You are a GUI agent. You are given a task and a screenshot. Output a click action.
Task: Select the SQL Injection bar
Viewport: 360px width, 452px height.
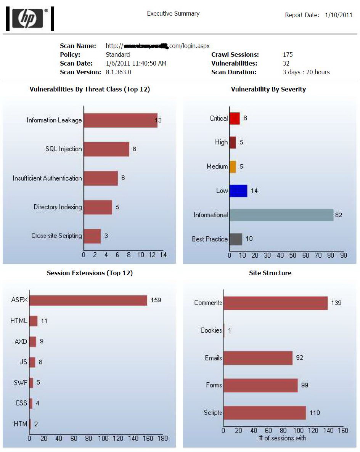(106, 149)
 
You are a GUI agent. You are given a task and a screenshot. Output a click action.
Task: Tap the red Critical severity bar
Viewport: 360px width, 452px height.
(235, 118)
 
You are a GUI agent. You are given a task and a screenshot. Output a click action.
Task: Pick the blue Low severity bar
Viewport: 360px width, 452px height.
(238, 191)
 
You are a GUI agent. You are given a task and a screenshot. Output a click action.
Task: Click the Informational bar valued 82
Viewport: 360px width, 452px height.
(281, 215)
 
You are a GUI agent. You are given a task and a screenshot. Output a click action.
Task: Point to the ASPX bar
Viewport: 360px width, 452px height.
(88, 300)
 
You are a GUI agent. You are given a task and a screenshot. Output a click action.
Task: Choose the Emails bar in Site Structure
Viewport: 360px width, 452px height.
(258, 358)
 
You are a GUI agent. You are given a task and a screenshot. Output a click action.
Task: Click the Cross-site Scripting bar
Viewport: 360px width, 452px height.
(92, 236)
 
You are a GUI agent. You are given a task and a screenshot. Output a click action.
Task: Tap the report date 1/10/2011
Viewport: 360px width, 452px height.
(339, 15)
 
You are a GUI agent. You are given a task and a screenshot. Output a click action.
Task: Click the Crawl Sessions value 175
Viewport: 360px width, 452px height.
(288, 54)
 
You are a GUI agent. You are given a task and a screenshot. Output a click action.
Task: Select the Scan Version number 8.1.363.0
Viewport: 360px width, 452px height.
(118, 72)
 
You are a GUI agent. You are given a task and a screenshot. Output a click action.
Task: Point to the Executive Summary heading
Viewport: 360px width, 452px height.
(173, 14)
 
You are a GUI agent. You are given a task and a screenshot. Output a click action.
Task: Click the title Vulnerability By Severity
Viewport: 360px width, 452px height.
(268, 89)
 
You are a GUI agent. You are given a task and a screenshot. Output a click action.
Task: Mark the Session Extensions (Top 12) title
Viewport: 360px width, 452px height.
(90, 273)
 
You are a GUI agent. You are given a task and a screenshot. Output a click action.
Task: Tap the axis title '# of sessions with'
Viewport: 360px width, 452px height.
(283, 438)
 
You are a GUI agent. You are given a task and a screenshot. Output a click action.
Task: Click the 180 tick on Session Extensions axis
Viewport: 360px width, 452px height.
(162, 439)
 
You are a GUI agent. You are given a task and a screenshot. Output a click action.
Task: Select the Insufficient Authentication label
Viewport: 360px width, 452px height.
(47, 178)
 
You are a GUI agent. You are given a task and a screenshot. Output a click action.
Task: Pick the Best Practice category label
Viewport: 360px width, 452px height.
(210, 239)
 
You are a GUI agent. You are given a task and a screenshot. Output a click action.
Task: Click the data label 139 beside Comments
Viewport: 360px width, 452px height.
(336, 303)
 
